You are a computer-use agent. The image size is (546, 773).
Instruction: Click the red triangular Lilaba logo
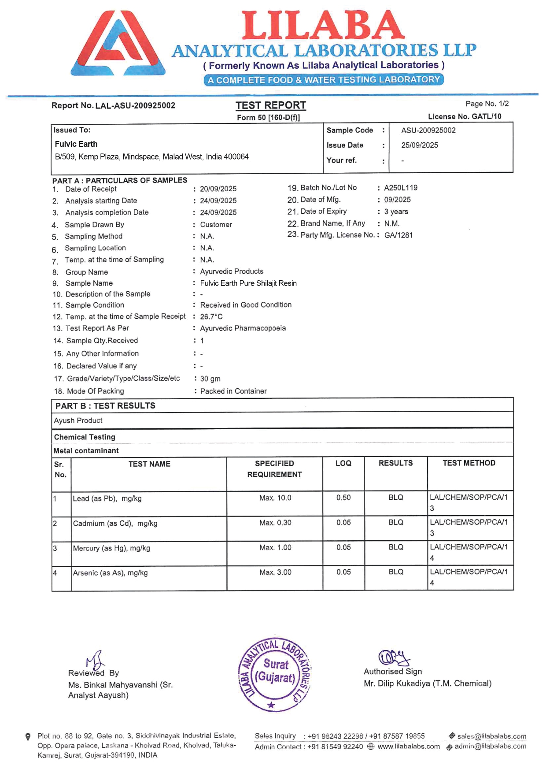coord(118,43)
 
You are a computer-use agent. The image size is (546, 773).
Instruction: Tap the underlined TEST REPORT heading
coord(270,105)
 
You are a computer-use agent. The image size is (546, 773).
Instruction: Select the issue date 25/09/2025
coord(419,145)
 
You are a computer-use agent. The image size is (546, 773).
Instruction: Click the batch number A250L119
coord(401,188)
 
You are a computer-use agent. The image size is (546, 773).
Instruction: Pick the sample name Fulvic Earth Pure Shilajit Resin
coord(248,283)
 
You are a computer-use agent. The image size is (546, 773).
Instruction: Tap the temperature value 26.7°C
coord(211,317)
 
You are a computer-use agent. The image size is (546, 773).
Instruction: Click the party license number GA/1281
coord(398,235)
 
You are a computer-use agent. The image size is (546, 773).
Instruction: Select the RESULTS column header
coord(395,463)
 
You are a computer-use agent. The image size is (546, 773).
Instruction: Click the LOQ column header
coord(343,463)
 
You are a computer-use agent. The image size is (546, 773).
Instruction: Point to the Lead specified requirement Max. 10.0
coord(275,498)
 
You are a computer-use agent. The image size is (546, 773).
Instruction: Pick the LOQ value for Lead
coord(343,498)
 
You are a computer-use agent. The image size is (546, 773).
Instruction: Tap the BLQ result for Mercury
coord(395,547)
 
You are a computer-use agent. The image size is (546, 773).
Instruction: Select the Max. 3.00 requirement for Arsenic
coord(275,572)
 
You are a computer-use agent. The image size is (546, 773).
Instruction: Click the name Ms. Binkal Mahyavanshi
coord(113,685)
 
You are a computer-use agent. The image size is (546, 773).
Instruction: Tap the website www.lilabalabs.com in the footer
coord(409,747)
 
